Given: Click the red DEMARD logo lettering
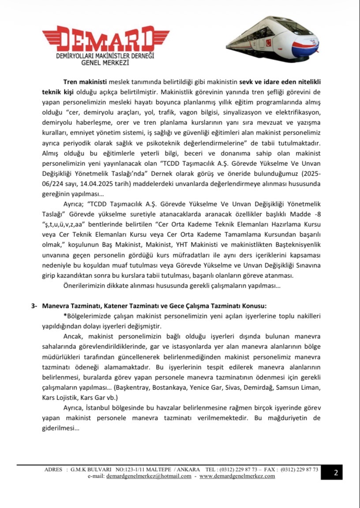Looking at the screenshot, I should point(106,40).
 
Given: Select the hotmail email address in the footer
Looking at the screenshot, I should point(149,476).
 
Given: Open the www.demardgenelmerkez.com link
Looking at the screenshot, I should point(237,476).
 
